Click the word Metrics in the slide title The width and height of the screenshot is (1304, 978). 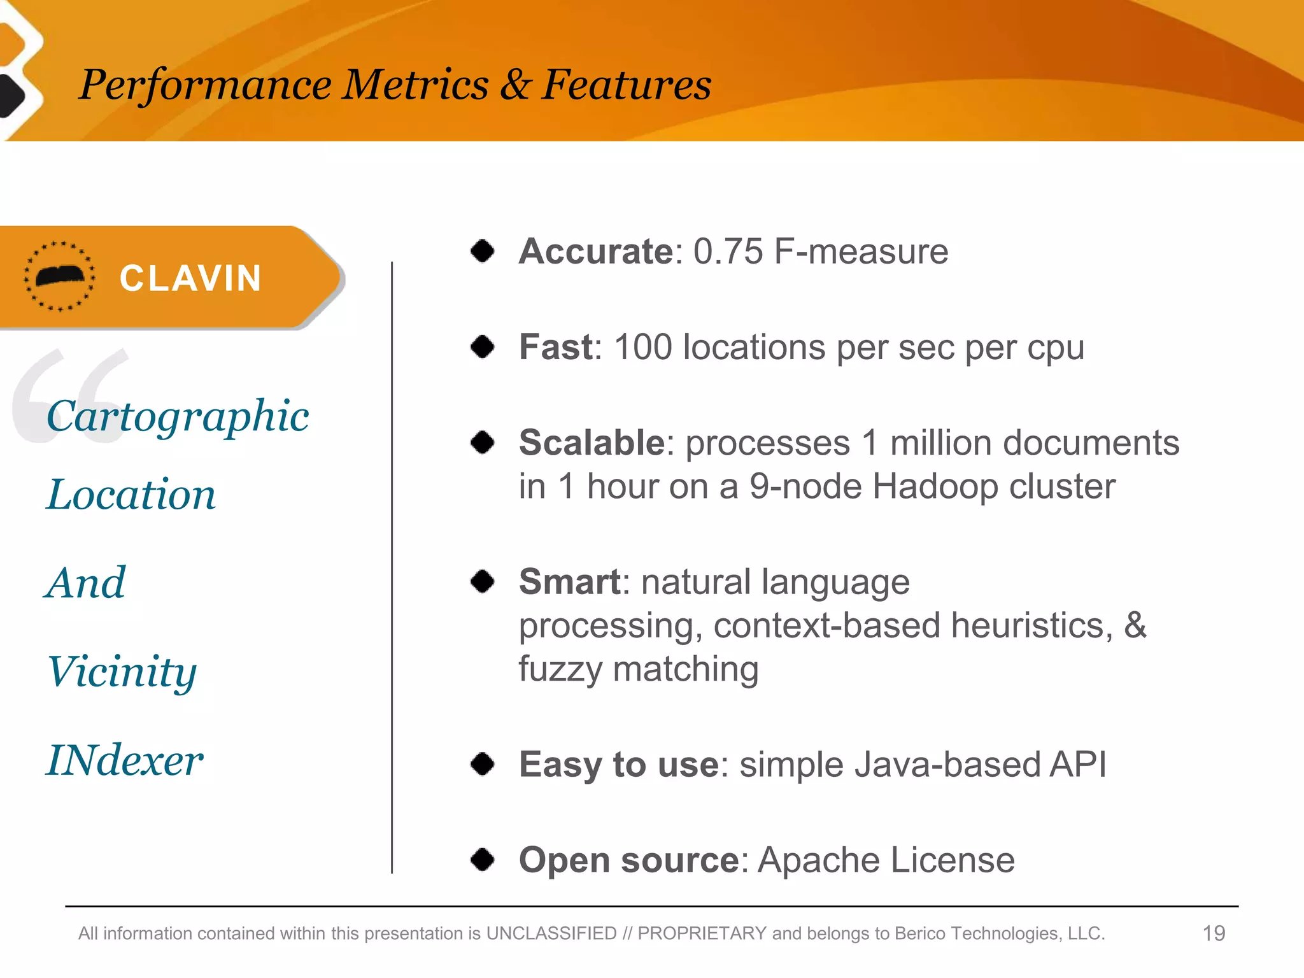(x=415, y=85)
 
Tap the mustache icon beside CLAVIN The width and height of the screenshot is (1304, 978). (x=60, y=276)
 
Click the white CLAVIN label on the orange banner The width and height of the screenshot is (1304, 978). (x=190, y=279)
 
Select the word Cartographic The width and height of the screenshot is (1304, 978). (x=178, y=417)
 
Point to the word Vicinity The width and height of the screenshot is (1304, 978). (x=122, y=672)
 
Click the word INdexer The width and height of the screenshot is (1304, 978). (x=125, y=760)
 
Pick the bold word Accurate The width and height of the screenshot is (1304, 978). (x=595, y=251)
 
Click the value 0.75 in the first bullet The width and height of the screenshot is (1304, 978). (x=728, y=251)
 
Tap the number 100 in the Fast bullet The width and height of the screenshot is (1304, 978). (x=642, y=347)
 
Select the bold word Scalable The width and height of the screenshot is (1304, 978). (x=592, y=443)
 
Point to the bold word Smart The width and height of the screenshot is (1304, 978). (x=569, y=581)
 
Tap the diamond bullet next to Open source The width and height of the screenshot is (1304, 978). (x=483, y=860)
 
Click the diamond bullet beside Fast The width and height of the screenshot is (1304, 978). (x=483, y=347)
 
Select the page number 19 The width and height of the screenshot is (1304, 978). (x=1213, y=933)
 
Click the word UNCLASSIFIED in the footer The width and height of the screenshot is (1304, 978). (x=551, y=933)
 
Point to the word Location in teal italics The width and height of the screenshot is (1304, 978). (x=131, y=495)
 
